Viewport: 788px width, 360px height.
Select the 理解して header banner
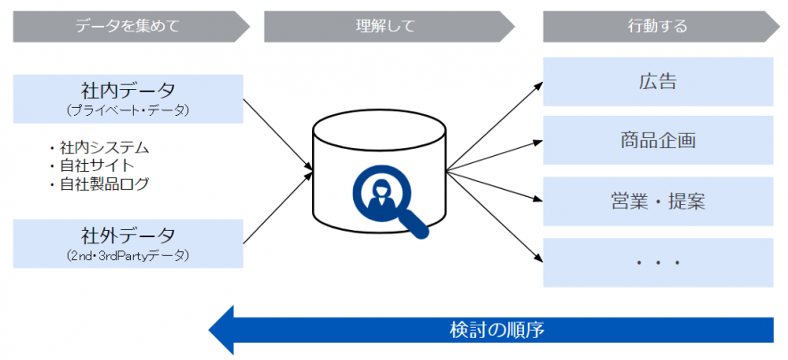click(x=384, y=26)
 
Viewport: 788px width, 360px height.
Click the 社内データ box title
click(x=127, y=89)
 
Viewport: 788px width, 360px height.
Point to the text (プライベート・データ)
click(x=127, y=110)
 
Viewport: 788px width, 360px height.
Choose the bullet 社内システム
click(x=103, y=146)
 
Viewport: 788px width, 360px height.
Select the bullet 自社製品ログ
click(x=103, y=184)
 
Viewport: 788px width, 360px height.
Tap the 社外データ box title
click(x=127, y=235)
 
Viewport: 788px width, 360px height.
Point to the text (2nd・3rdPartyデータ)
click(x=127, y=256)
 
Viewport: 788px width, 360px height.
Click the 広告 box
click(x=657, y=82)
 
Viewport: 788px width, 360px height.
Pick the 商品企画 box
click(x=657, y=140)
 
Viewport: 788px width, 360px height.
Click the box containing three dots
click(x=657, y=262)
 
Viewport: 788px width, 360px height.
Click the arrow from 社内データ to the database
click(x=277, y=133)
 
